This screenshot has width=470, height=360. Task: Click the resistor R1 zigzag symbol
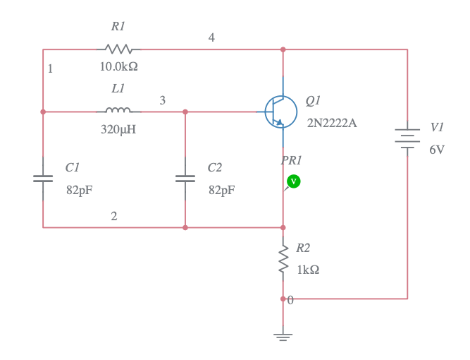coord(118,49)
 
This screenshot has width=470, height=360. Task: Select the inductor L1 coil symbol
coord(118,111)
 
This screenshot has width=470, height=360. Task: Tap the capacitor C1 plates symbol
coord(43,179)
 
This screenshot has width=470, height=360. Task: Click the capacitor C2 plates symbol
coord(185,179)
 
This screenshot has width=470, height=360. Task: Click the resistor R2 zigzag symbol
coord(283,259)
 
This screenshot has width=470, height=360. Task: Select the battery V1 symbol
coord(407,138)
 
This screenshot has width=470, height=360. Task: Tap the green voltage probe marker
coord(294,181)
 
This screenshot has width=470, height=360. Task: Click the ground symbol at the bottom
coord(283,336)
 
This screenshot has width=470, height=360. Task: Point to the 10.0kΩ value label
coord(118,67)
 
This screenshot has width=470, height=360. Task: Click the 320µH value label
coord(118,129)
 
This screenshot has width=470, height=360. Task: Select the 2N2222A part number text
coord(331,123)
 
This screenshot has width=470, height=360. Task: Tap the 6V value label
coord(437,150)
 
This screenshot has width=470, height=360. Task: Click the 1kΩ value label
coord(308,270)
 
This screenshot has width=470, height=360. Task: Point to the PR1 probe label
coord(291,161)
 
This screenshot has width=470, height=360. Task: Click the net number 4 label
coord(211,38)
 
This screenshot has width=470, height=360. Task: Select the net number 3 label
coord(162,101)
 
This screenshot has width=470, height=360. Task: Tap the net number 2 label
coord(114,216)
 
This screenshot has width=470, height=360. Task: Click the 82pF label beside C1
coord(80,190)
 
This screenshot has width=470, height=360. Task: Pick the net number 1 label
coord(50,69)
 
